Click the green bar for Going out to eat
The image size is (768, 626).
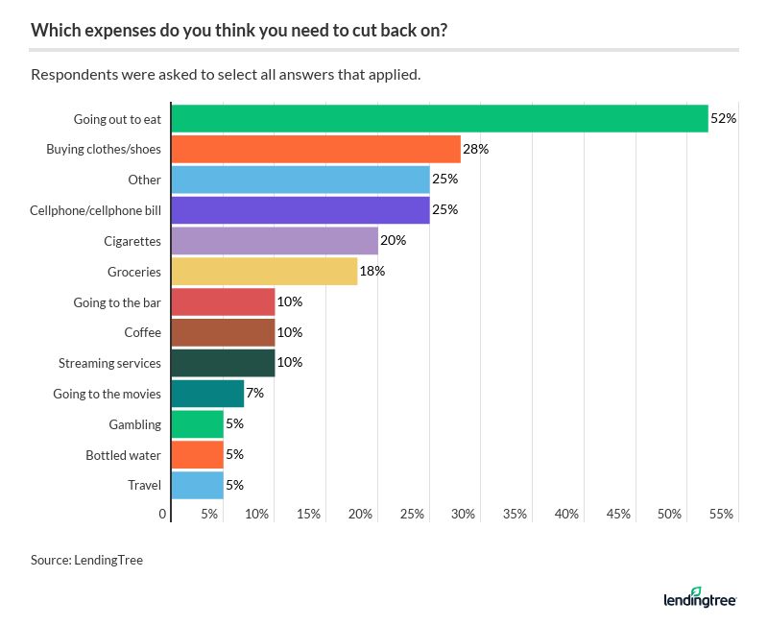tap(439, 118)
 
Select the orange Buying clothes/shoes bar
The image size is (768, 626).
tap(316, 149)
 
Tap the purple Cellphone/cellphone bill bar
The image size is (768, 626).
tap(300, 210)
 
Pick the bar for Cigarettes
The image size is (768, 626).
tap(275, 240)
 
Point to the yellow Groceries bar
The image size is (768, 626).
tap(264, 271)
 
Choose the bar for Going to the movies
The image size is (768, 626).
tap(207, 394)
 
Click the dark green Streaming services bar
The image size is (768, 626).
tap(223, 363)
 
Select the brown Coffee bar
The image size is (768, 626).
tap(223, 332)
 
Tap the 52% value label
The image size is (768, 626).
tap(723, 118)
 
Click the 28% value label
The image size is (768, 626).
tap(476, 149)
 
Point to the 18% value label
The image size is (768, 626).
tap(372, 271)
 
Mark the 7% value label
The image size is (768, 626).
tap(254, 394)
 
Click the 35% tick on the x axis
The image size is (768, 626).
tap(516, 515)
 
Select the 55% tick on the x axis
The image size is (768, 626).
tap(722, 515)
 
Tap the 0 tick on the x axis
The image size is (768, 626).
tap(163, 515)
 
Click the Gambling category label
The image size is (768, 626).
tap(134, 424)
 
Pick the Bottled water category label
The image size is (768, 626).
tap(123, 455)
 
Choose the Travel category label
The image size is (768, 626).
tap(144, 486)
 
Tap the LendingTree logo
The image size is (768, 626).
tap(700, 599)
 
